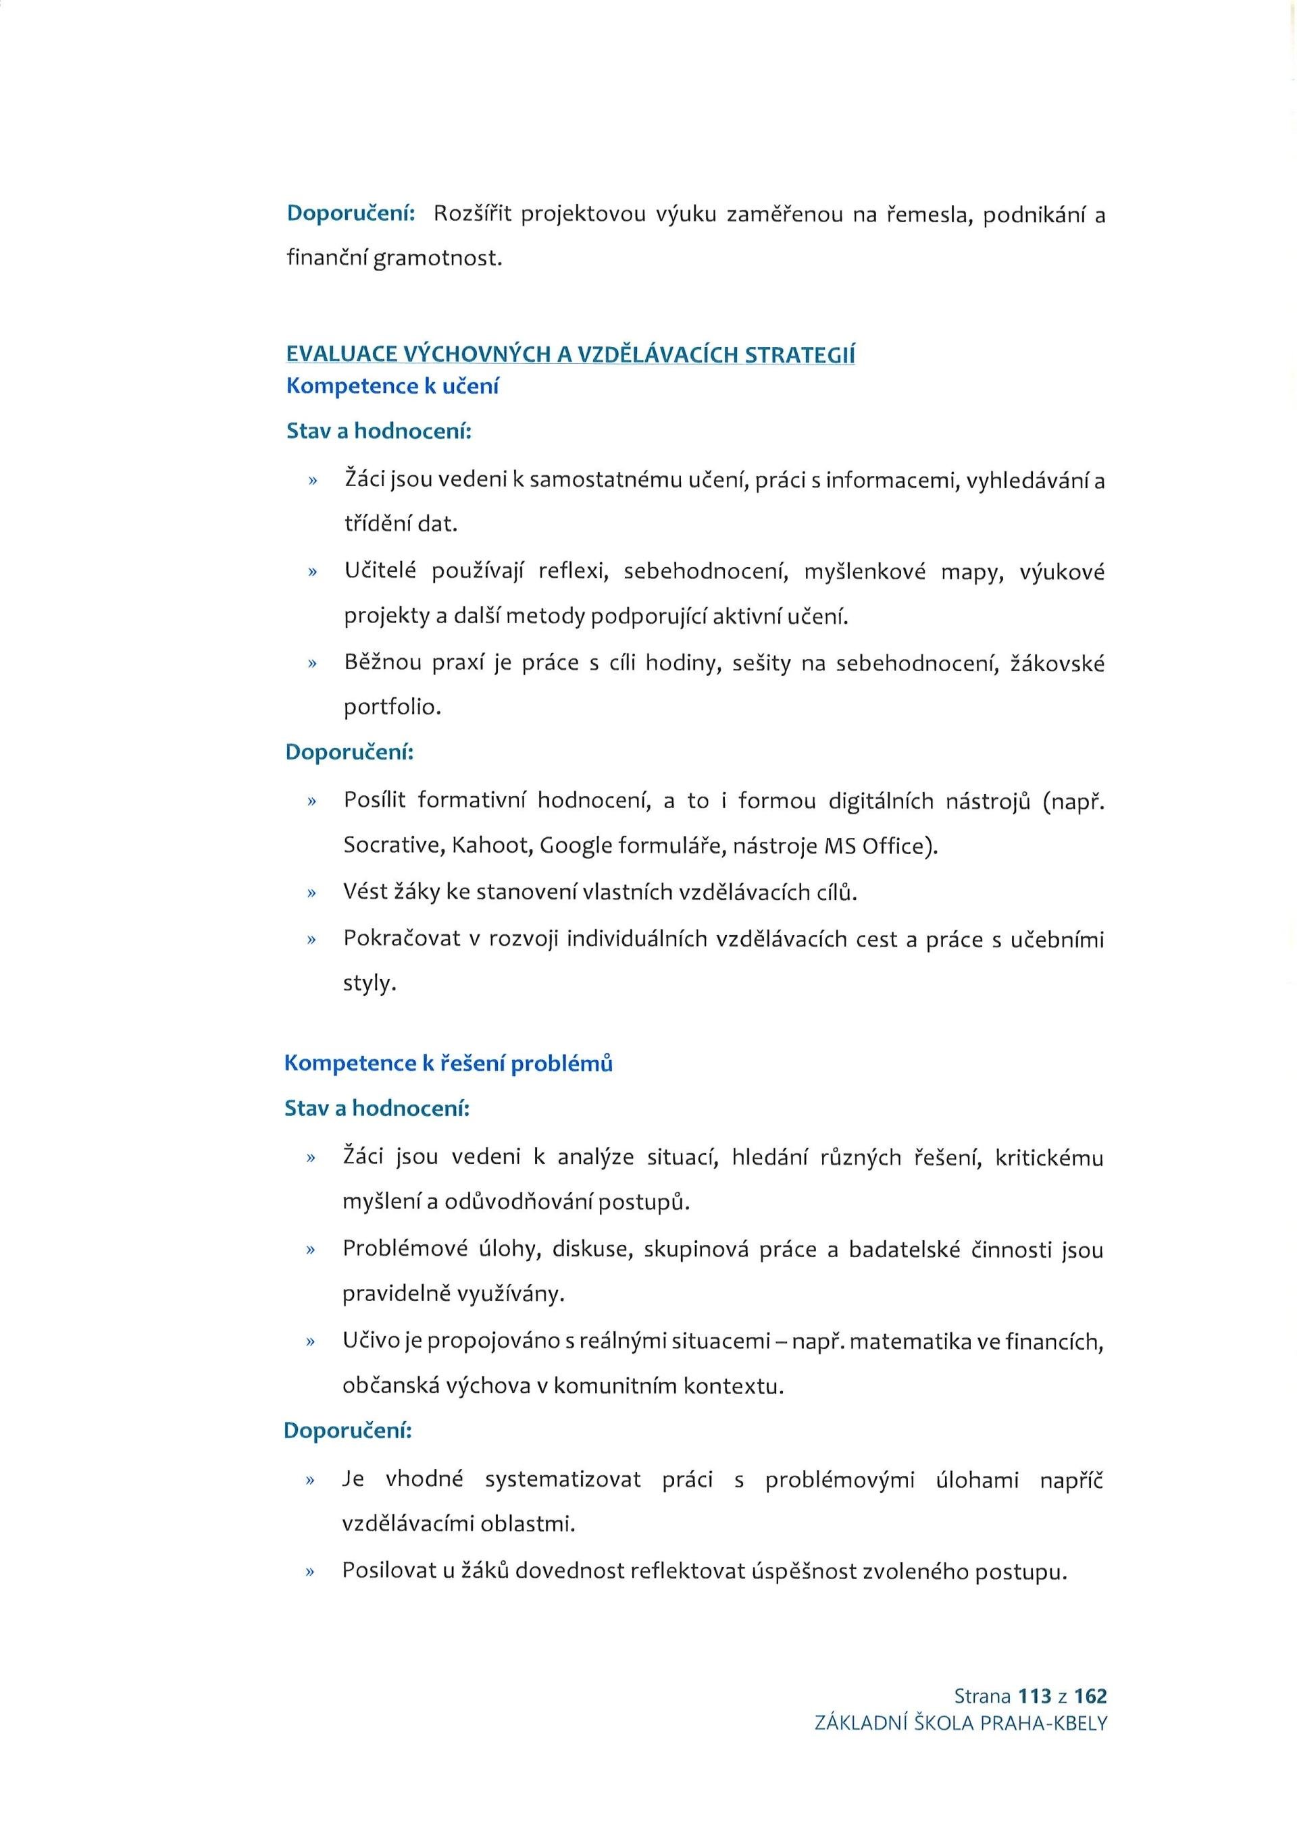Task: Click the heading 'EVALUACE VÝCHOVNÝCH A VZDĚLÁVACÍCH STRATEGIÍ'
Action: pyautogui.click(x=570, y=354)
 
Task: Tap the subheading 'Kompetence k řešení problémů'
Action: pyautogui.click(x=448, y=1063)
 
